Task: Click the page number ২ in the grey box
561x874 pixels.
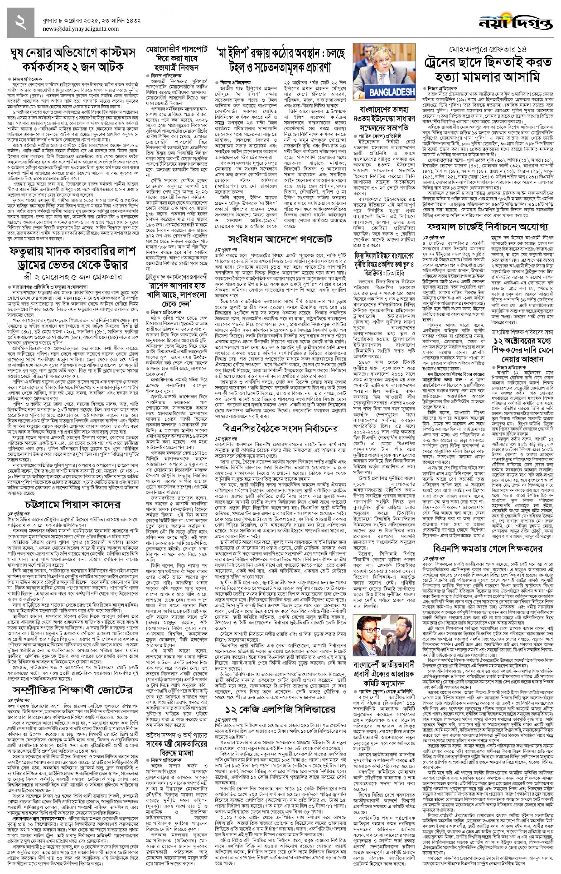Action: coord(21,22)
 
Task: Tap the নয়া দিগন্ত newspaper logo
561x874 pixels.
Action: coord(515,23)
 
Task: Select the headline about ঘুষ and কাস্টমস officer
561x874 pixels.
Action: coord(73,60)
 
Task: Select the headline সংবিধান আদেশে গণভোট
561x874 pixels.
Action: coord(280,239)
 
